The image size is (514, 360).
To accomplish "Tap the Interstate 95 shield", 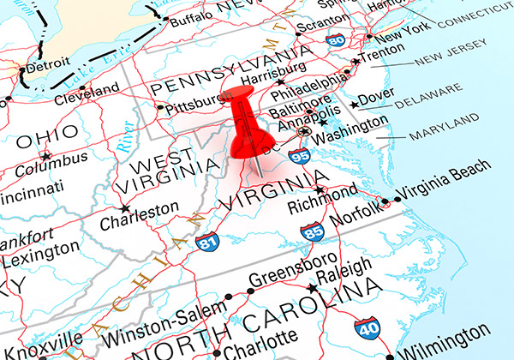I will click(x=300, y=155).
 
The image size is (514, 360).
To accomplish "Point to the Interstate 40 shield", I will click(x=366, y=327).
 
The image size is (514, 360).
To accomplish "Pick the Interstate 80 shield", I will click(x=335, y=40).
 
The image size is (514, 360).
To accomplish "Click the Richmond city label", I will click(x=321, y=207).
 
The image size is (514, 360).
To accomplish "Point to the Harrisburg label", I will click(x=275, y=68).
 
